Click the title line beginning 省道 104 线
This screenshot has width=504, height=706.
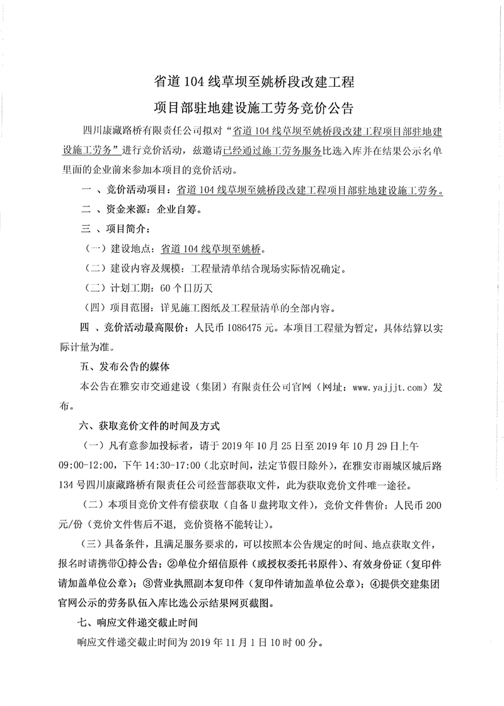pyautogui.click(x=254, y=82)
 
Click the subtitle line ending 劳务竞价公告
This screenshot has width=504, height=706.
pyautogui.click(x=254, y=107)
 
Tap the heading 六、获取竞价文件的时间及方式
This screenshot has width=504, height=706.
pyautogui.click(x=149, y=426)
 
